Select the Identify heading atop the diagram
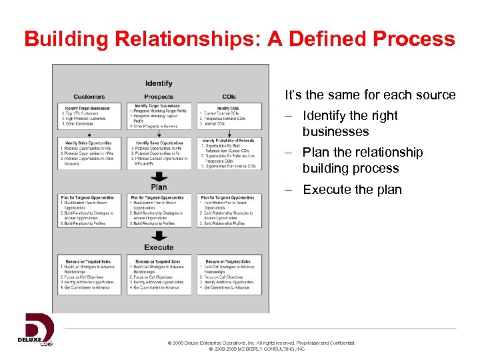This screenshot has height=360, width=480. click(159, 83)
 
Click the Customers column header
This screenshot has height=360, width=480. click(89, 97)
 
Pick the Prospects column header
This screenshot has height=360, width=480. click(159, 97)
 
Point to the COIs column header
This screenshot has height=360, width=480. click(228, 97)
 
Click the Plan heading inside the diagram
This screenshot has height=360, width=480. click(159, 187)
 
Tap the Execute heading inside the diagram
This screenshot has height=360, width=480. click(159, 247)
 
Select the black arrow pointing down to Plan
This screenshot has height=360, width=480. click(159, 177)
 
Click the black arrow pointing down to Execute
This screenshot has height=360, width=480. click(159, 236)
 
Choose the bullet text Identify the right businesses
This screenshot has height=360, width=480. click(349, 123)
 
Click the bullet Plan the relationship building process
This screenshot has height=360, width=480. click(362, 160)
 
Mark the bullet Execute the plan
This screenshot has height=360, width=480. click(352, 190)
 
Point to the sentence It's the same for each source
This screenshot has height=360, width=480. click(370, 95)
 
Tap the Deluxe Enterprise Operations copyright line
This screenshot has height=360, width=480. click(262, 343)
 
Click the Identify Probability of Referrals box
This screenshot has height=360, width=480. click(228, 154)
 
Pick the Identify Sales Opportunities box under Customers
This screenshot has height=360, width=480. click(89, 153)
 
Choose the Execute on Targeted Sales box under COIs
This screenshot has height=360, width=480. click(228, 275)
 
